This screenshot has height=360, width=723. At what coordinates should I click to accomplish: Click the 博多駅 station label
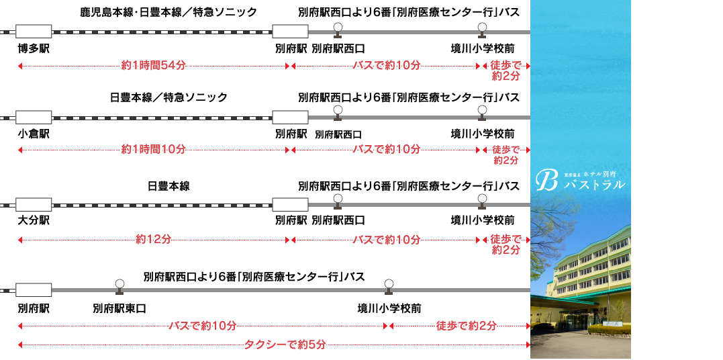coord(34,49)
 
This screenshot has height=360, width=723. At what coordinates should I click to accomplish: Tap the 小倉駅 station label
coord(34,134)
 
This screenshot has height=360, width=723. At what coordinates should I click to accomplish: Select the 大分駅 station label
coord(34,220)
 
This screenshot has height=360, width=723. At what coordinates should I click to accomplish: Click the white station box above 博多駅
coord(34,32)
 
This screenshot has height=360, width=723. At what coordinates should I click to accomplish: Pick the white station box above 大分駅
coord(34,204)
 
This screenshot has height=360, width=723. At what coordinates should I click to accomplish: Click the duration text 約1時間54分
coord(153,66)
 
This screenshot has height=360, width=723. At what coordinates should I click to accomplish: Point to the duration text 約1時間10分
coord(153,149)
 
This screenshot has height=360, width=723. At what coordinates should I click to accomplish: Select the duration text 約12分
coord(153,239)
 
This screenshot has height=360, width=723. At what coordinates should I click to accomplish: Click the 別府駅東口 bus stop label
coord(119,309)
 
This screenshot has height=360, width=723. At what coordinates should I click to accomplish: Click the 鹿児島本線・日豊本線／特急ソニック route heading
coord(168,12)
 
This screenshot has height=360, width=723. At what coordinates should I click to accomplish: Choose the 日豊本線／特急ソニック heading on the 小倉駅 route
coord(168,98)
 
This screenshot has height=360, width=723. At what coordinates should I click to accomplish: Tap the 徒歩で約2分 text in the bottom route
coord(467,326)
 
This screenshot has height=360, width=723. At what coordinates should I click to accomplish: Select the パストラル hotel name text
coord(594,185)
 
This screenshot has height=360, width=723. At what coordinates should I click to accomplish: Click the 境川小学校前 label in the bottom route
coord(389,309)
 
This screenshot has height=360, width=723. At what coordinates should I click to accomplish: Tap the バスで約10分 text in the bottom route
coord(202,326)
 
